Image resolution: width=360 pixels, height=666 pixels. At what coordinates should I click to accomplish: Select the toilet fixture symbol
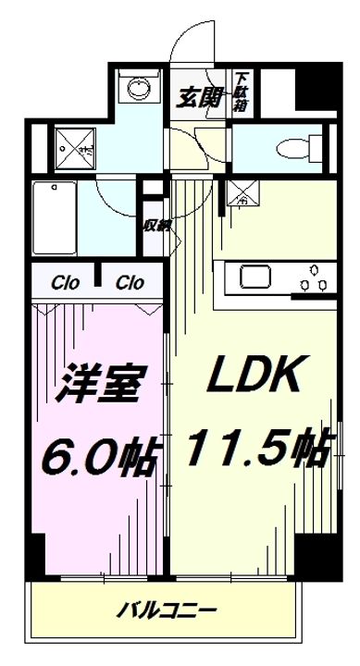tap(293, 146)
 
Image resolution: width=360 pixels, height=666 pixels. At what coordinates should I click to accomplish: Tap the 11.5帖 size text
tap(256, 450)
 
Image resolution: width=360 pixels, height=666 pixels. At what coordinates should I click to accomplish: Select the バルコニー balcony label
tap(168, 610)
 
